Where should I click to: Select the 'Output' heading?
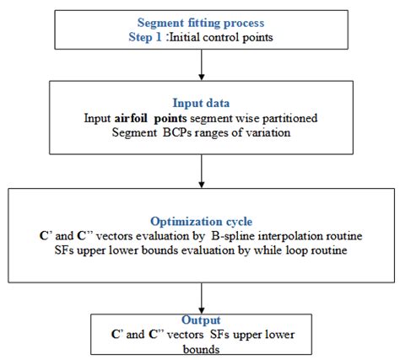[x=201, y=320]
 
